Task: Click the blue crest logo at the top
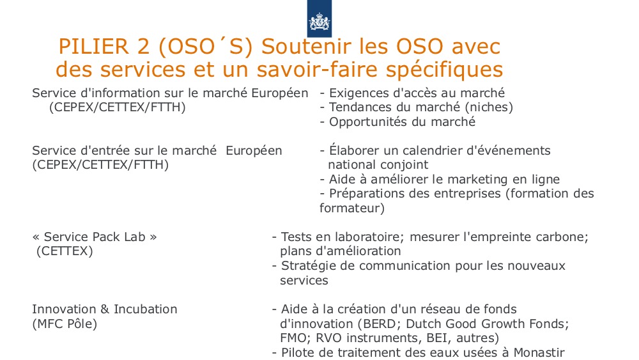(319, 19)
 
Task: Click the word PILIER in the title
(93, 47)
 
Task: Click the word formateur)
(352, 208)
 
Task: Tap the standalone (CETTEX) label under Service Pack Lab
(65, 251)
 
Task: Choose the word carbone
(562, 237)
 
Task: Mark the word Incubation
(146, 309)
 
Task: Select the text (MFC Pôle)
(65, 324)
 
